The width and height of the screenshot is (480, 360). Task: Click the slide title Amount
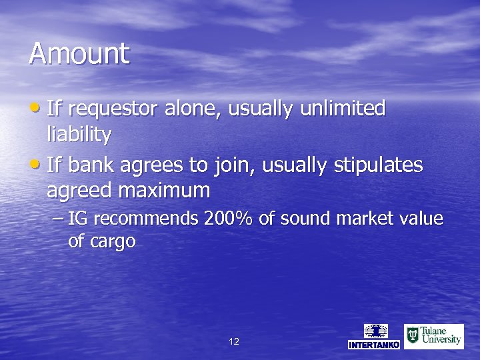79,53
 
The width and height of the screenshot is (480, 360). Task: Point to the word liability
79,135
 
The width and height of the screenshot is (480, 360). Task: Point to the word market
368,219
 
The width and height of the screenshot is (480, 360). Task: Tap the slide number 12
233,341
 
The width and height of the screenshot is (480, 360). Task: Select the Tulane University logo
434,336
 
